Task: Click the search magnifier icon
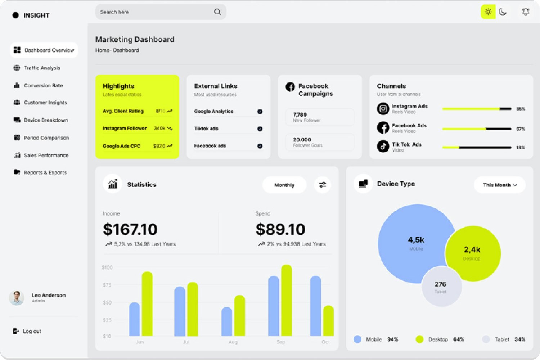coord(217,12)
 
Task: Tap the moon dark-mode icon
coord(503,12)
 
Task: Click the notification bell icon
coord(526,12)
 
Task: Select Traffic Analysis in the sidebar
coord(42,68)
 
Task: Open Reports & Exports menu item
coord(45,173)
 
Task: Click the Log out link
coord(32,331)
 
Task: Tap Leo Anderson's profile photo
coord(17,298)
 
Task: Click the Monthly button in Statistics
coord(284,185)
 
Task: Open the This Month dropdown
coord(500,185)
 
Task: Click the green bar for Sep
coord(287,300)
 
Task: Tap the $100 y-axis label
coord(107,267)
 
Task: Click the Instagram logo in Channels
coord(383,108)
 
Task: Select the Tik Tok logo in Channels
coord(383,147)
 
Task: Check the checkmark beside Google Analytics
coord(260,112)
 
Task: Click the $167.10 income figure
coord(130,230)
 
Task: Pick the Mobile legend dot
coord(357,339)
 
